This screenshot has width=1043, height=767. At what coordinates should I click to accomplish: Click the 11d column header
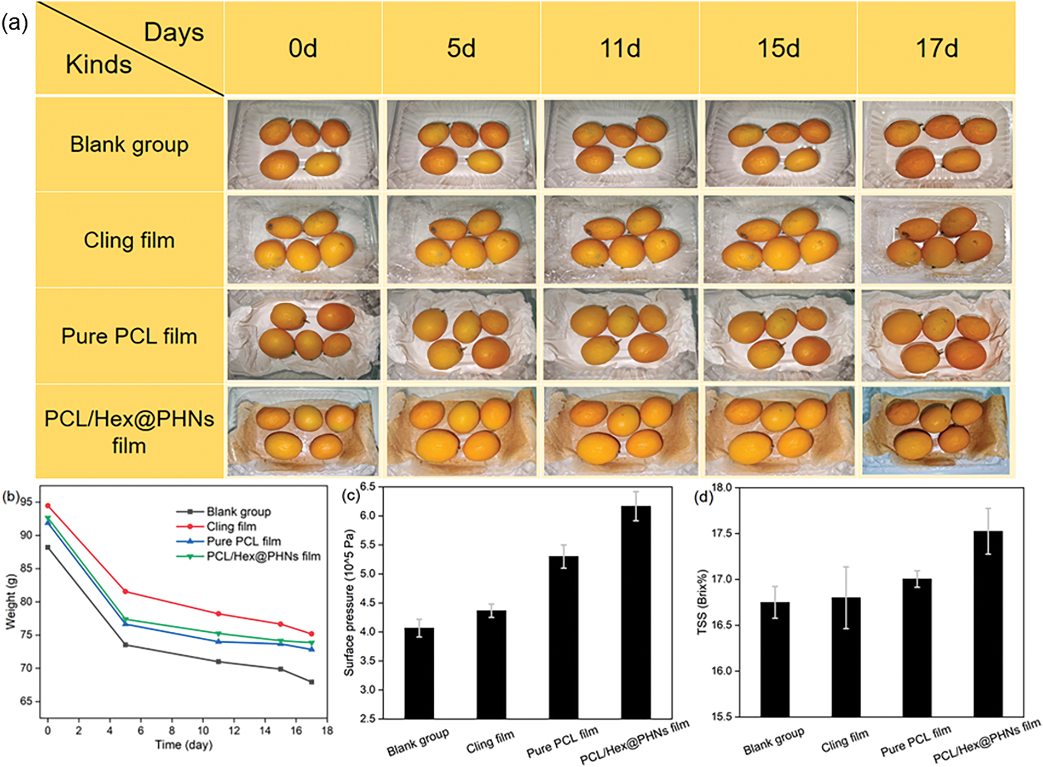click(x=620, y=48)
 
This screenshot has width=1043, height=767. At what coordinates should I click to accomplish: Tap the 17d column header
click(x=937, y=48)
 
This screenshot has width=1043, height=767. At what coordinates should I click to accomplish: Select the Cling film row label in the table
click(x=129, y=240)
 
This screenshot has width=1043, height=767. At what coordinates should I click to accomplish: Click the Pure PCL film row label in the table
click(x=129, y=336)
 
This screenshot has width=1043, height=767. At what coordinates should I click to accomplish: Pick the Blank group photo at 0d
click(x=303, y=145)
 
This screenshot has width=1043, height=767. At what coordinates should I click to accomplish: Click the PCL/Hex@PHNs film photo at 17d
click(x=936, y=431)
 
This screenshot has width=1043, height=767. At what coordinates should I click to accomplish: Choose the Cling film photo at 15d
click(x=779, y=240)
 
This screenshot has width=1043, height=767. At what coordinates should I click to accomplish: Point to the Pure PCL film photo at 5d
click(x=462, y=335)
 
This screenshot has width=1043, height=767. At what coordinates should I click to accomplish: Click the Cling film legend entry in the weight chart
click(x=231, y=527)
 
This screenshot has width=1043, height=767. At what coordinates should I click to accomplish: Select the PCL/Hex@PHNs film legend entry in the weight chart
click(x=263, y=556)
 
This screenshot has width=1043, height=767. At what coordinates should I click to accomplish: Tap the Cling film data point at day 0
click(x=48, y=506)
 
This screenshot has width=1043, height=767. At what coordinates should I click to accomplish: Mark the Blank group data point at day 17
click(x=312, y=682)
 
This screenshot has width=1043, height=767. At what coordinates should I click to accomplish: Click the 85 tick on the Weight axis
click(x=26, y=568)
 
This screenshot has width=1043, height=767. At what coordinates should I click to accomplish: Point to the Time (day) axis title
click(x=183, y=745)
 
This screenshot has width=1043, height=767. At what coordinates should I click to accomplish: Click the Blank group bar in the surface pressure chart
click(x=419, y=673)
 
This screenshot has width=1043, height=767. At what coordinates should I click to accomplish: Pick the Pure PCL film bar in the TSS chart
click(x=917, y=648)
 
